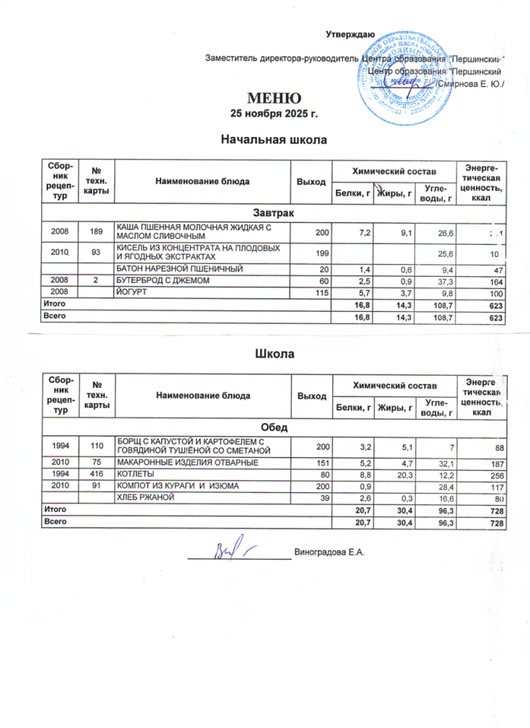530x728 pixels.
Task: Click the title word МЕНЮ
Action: coord(275,98)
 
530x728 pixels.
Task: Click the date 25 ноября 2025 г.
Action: coord(275,114)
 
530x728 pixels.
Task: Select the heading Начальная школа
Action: coord(275,138)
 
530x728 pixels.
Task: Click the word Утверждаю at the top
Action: coord(350,34)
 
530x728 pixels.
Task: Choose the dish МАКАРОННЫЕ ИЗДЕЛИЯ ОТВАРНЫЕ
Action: coord(187,463)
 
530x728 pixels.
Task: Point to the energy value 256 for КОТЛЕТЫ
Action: coord(495,475)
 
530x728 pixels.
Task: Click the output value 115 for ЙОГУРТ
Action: coord(321,292)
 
